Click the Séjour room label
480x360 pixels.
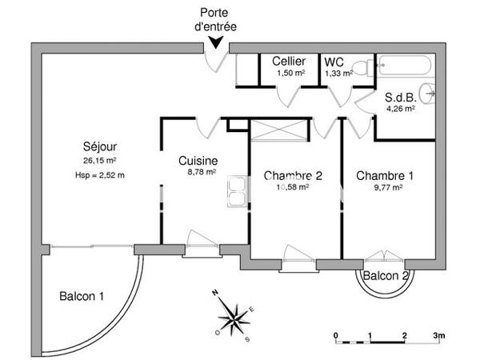tap(100, 146)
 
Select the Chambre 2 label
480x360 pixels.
tap(292, 176)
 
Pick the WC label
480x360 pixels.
tap(334, 62)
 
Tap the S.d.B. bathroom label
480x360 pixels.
tap(399, 95)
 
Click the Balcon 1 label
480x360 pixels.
tap(82, 297)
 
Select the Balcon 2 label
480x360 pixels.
tap(386, 276)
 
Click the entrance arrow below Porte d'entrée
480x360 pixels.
tap(214, 46)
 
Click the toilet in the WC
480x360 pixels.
tap(364, 67)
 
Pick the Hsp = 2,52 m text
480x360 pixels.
tap(100, 174)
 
